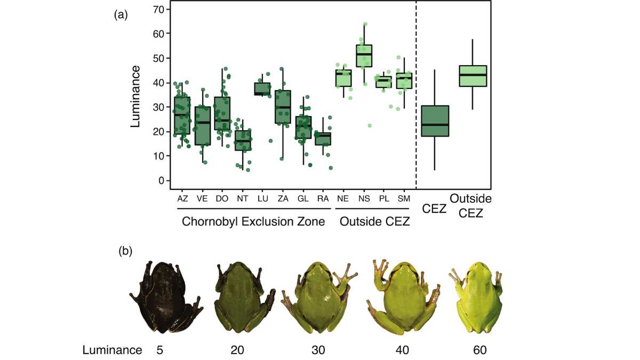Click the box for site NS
point(364,55)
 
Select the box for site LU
point(262,89)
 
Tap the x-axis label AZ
point(182,198)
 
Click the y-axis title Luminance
point(135,96)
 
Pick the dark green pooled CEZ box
point(435,121)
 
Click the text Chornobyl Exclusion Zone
point(253,222)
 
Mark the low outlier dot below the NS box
point(369,125)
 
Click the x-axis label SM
point(404,198)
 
